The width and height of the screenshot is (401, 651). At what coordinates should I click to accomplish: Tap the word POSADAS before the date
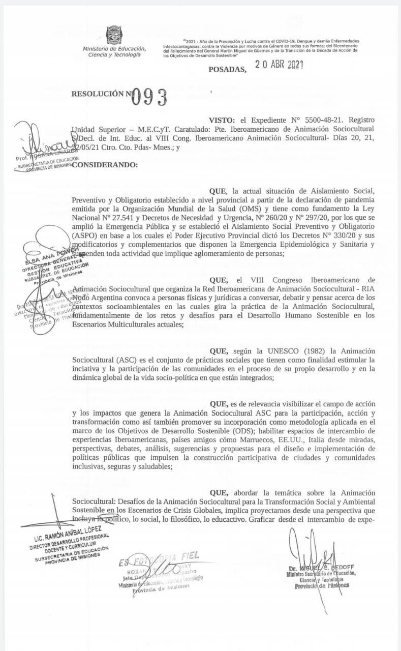pos(227,69)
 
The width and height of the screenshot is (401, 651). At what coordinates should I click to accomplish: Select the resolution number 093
pos(149,96)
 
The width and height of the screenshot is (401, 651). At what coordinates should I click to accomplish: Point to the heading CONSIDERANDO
pos(105,165)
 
